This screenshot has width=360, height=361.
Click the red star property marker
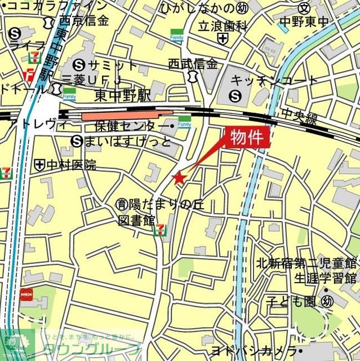tap(179, 178)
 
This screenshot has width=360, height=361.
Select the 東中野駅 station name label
tap(123, 95)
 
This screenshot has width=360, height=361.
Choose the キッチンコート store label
tap(274, 81)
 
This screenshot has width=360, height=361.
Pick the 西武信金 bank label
tap(193, 63)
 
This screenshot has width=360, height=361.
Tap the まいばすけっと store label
tap(128, 140)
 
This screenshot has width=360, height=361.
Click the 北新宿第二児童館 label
tap(306, 263)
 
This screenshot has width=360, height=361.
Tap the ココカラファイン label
tap(55, 6)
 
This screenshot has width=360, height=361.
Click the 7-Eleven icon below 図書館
tap(161, 230)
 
